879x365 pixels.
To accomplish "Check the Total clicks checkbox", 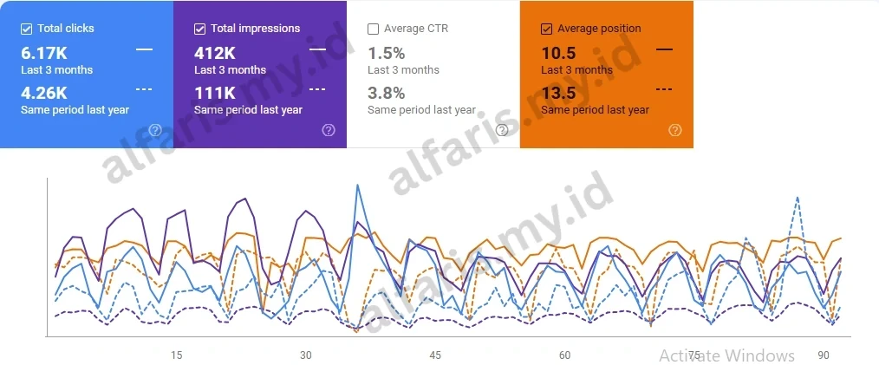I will (x=26, y=29).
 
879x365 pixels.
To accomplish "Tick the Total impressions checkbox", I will (x=199, y=29).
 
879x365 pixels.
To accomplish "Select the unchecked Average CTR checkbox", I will (x=373, y=29).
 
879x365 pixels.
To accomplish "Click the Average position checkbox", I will (x=546, y=29).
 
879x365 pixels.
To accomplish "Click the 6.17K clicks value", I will (x=43, y=53).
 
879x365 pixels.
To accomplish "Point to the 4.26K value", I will (x=43, y=93).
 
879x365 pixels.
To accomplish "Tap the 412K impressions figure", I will (x=214, y=53).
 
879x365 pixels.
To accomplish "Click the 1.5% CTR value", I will (x=386, y=53).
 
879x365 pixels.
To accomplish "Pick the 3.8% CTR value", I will (x=386, y=93).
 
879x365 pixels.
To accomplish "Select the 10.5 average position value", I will (x=558, y=53).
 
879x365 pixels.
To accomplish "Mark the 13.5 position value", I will (x=558, y=93).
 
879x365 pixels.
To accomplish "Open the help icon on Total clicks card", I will (x=155, y=130).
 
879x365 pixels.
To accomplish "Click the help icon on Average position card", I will (x=675, y=130).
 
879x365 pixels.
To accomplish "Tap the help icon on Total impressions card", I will (x=329, y=130).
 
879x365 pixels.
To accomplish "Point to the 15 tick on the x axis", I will (x=176, y=355).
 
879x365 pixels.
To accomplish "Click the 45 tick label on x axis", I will (x=435, y=355).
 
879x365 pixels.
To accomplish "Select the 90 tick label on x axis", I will (x=824, y=355).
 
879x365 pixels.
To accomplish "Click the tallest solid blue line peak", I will (x=357, y=185).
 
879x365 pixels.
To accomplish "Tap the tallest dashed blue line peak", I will (x=797, y=198).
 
